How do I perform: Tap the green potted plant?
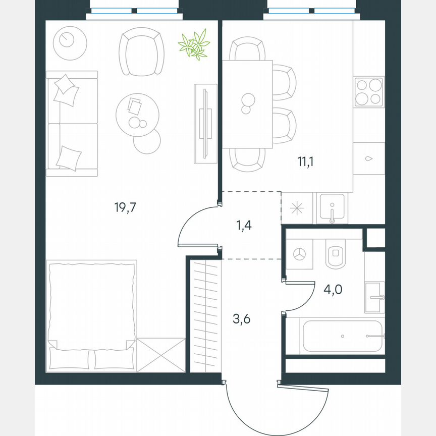coord(194,45)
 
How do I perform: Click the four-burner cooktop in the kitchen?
coord(369,92)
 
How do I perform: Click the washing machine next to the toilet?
coord(300,254)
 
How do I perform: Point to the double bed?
coord(92,314)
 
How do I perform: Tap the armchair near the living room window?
coord(142,51)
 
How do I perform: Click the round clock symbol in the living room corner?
coord(67,38)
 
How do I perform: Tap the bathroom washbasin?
coord(374,297)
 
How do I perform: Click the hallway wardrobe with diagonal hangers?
coord(206,316)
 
